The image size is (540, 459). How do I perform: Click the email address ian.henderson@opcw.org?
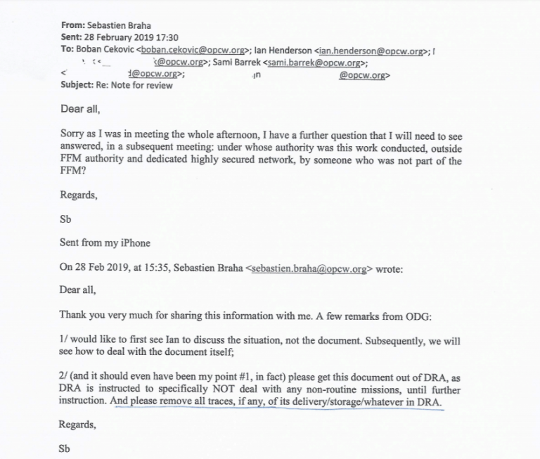point(371,51)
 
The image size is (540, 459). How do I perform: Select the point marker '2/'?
point(64,377)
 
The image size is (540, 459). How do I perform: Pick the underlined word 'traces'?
point(212,403)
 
